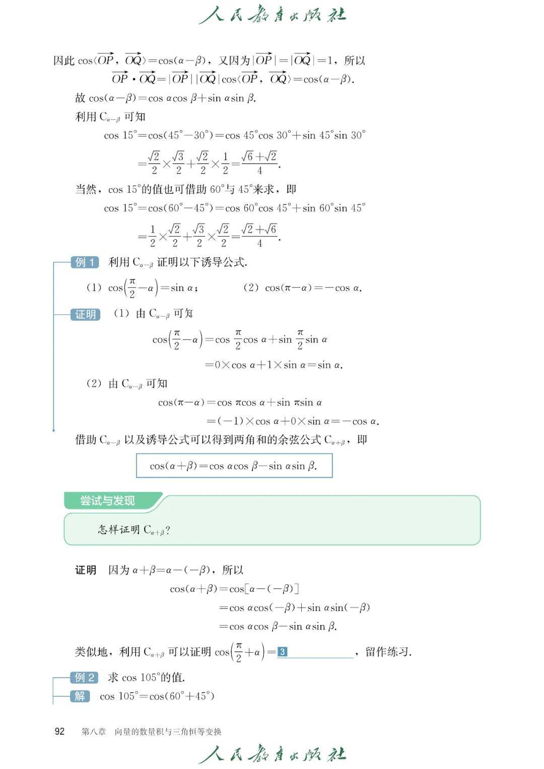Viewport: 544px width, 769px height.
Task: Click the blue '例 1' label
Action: tap(85, 262)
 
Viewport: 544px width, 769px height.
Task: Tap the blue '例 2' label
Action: tap(85, 677)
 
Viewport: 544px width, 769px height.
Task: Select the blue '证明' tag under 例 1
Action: tap(85, 314)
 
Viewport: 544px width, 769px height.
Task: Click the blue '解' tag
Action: tap(80, 696)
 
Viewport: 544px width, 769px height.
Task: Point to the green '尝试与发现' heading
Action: tap(107, 501)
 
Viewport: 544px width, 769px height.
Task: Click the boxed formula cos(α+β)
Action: tap(234, 466)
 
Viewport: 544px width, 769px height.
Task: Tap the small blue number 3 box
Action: tap(282, 652)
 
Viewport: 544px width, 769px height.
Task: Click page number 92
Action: tap(59, 731)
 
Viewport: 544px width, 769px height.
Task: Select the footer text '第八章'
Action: tap(94, 732)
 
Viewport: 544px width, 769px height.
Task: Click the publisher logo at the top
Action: tap(273, 15)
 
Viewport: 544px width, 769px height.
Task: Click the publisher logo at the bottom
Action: tap(273, 754)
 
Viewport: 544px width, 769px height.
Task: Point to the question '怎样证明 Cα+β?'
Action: tap(134, 530)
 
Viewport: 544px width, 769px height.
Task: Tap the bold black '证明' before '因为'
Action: tap(86, 570)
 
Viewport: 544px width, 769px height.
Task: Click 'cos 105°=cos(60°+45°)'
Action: tap(157, 696)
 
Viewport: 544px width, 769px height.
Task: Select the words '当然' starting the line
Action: tap(86, 189)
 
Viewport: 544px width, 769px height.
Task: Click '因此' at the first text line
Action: tap(64, 61)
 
